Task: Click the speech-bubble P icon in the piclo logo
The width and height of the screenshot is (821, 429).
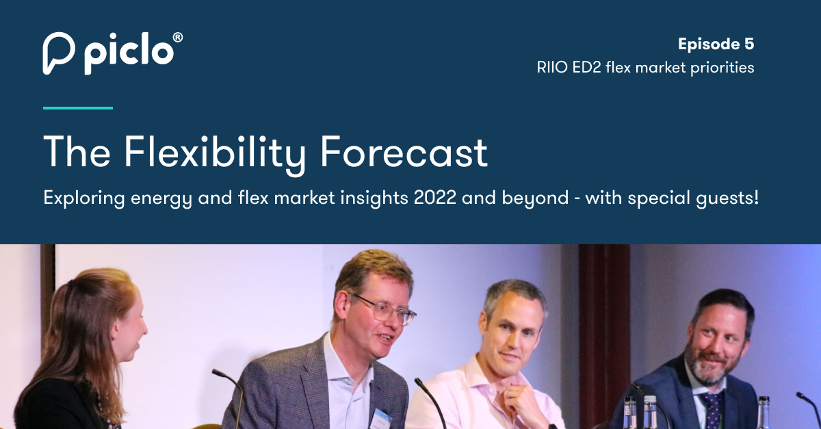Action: (58, 52)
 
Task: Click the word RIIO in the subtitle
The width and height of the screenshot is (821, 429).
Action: (552, 68)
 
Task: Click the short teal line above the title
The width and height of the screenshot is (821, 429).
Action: (77, 107)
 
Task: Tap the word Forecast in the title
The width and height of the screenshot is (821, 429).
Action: (404, 152)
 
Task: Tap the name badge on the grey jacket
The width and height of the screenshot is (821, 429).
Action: (381, 415)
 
